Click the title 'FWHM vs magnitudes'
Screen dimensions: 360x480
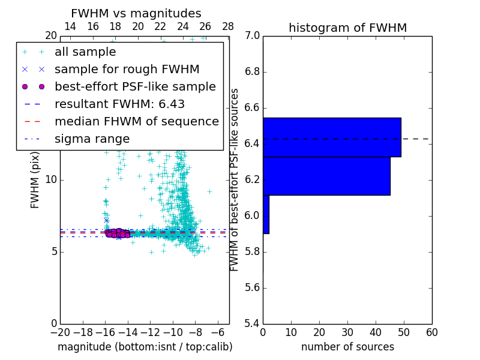[136, 14]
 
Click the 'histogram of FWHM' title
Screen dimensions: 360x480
[347, 28]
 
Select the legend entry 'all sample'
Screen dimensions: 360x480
[85, 52]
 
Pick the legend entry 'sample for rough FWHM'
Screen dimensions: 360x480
[127, 70]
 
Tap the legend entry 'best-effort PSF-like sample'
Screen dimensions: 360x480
[135, 86]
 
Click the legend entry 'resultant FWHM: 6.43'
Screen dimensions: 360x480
[119, 104]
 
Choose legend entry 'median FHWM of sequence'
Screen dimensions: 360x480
[136, 121]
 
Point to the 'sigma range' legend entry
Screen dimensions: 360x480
[92, 139]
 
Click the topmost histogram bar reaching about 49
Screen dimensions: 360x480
[332, 137]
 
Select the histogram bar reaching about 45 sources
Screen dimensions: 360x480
[326, 176]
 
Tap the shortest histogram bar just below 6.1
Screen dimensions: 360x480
[266, 214]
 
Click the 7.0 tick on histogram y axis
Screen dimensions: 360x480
[252, 36]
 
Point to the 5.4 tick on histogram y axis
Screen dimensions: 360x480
[252, 323]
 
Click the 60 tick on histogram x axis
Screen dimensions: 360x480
[431, 332]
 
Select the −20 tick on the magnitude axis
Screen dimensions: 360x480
[60, 332]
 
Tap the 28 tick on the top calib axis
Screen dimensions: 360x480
[228, 26]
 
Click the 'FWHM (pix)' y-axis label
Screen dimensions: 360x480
[35, 179]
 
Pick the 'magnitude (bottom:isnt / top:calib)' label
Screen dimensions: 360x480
[145, 347]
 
